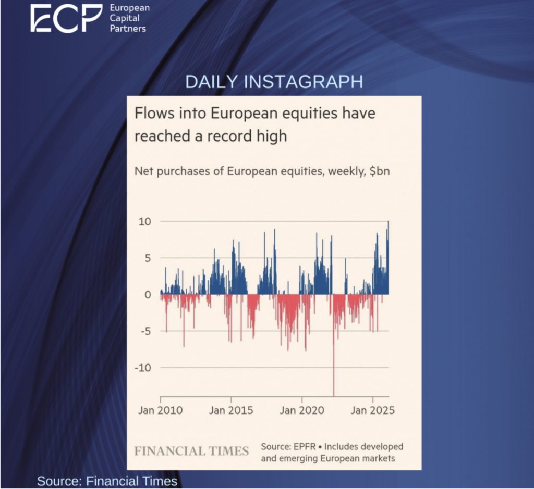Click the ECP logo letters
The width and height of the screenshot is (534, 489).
[66, 18]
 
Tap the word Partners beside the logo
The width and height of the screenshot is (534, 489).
[128, 29]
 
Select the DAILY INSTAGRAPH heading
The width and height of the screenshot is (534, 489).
[274, 82]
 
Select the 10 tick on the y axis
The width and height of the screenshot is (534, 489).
[144, 222]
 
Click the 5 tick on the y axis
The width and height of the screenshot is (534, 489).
[148, 258]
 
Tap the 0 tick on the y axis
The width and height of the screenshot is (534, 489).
[148, 295]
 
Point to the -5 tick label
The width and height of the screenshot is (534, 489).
[145, 331]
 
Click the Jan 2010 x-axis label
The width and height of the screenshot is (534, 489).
[161, 410]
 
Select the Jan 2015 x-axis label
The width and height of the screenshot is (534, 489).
[231, 410]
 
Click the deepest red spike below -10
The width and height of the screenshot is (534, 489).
[333, 385]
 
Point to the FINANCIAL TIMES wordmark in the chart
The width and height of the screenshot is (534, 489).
[191, 451]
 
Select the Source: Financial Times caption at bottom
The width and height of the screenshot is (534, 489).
[107, 481]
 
